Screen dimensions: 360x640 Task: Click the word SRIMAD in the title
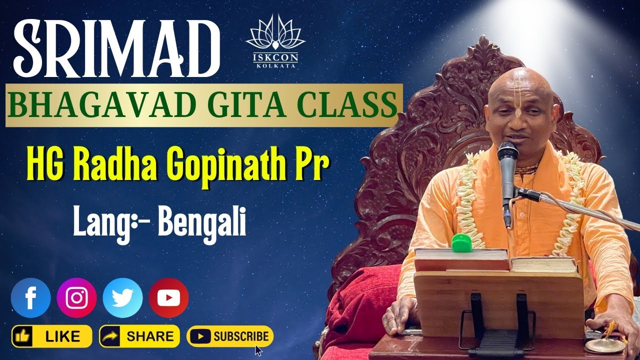(114, 47)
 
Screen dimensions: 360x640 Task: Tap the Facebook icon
(31, 298)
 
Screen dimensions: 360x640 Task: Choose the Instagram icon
(76, 298)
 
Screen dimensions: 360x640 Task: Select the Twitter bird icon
(122, 298)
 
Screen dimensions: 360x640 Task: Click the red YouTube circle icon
(168, 298)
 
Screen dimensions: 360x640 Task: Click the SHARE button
(139, 336)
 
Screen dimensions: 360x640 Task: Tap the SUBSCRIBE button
(230, 336)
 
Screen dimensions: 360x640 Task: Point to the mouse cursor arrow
(258, 350)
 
